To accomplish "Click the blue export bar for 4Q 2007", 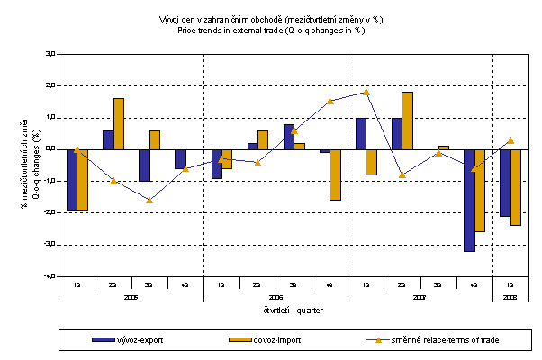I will coord(469,200).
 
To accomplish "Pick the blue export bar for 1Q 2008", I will coord(505,183).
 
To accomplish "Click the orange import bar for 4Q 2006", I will coord(335,175).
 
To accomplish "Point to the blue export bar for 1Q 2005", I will coord(72,179).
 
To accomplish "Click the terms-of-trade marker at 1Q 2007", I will coord(366,92).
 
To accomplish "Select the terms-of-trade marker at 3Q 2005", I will coord(149,200).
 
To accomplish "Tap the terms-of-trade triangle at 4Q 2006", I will coord(330,101).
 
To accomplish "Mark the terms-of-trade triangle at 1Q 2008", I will coord(510,140).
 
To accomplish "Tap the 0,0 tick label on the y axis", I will coord(49,149).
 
